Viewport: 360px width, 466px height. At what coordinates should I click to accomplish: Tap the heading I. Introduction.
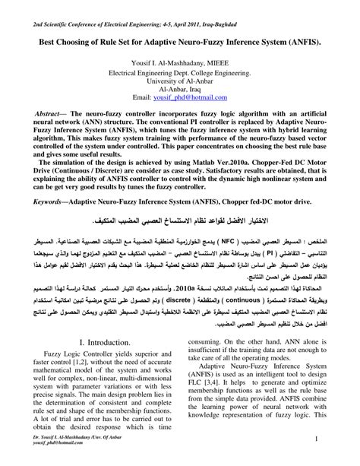coord(99,343)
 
